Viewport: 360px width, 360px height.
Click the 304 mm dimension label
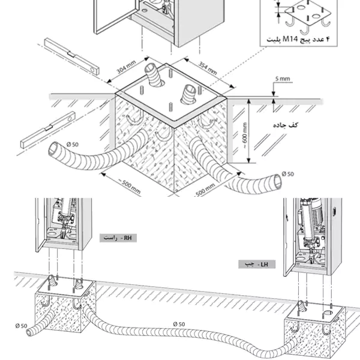(126, 67)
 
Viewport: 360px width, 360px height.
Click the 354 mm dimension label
(208, 68)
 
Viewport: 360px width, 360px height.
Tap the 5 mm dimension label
(283, 79)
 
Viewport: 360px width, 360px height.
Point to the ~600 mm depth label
(245, 136)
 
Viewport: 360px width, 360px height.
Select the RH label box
(118, 238)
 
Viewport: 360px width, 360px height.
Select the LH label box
(257, 265)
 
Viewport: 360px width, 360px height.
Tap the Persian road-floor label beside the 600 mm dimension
(286, 125)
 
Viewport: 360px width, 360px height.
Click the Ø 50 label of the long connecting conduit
(179, 324)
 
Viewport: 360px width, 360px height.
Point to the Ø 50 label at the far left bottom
(21, 326)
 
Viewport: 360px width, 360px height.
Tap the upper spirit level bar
(72, 56)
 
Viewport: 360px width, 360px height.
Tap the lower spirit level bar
(48, 130)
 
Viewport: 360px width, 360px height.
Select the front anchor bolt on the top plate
(171, 107)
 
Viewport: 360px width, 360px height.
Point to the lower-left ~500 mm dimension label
(129, 187)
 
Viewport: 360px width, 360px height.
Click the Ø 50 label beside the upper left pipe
(73, 145)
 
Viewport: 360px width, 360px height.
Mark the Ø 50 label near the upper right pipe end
(287, 174)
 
